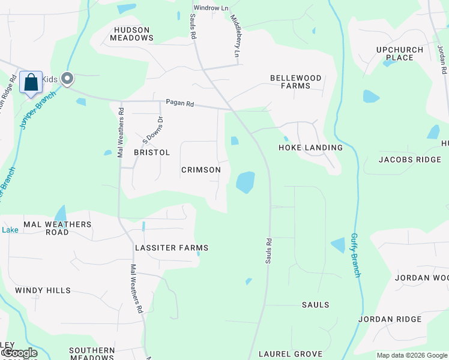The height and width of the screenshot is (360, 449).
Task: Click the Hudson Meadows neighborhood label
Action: coord(131,33)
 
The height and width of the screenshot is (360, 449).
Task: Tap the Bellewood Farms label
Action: coord(295,82)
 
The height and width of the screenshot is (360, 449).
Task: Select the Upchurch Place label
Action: coord(400,54)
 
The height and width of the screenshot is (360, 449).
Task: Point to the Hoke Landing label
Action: coord(311,148)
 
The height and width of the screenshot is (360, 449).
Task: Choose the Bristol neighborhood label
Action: coord(152,152)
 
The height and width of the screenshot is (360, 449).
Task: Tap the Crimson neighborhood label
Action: coord(201,170)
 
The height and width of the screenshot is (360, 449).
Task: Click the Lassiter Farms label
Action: coord(172,248)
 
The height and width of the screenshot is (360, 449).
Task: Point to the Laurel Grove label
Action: coord(291,354)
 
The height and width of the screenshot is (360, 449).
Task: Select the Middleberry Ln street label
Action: coord(235,37)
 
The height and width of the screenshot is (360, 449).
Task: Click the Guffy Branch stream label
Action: coord(355,255)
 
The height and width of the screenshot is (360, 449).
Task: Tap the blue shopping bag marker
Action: coord(31,82)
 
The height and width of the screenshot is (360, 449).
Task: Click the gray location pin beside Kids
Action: coord(67,78)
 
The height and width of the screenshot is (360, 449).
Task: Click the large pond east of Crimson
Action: coord(246,182)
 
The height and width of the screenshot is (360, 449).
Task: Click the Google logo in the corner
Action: coord(19,353)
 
